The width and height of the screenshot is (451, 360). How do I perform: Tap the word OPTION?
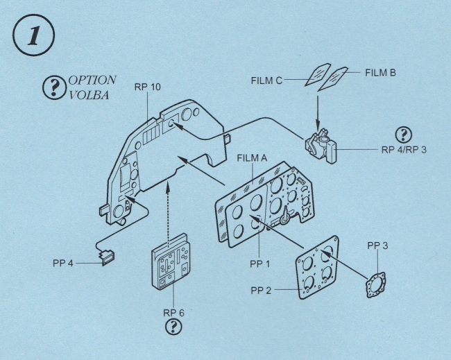coord(92,81)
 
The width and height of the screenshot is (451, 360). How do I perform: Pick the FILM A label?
coord(253,157)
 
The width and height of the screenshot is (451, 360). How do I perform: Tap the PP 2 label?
coord(264,290)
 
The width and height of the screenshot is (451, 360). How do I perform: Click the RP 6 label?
coord(174,312)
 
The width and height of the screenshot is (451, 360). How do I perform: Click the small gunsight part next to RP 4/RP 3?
coord(320,146)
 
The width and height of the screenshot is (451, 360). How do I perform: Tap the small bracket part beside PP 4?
coord(107,259)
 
